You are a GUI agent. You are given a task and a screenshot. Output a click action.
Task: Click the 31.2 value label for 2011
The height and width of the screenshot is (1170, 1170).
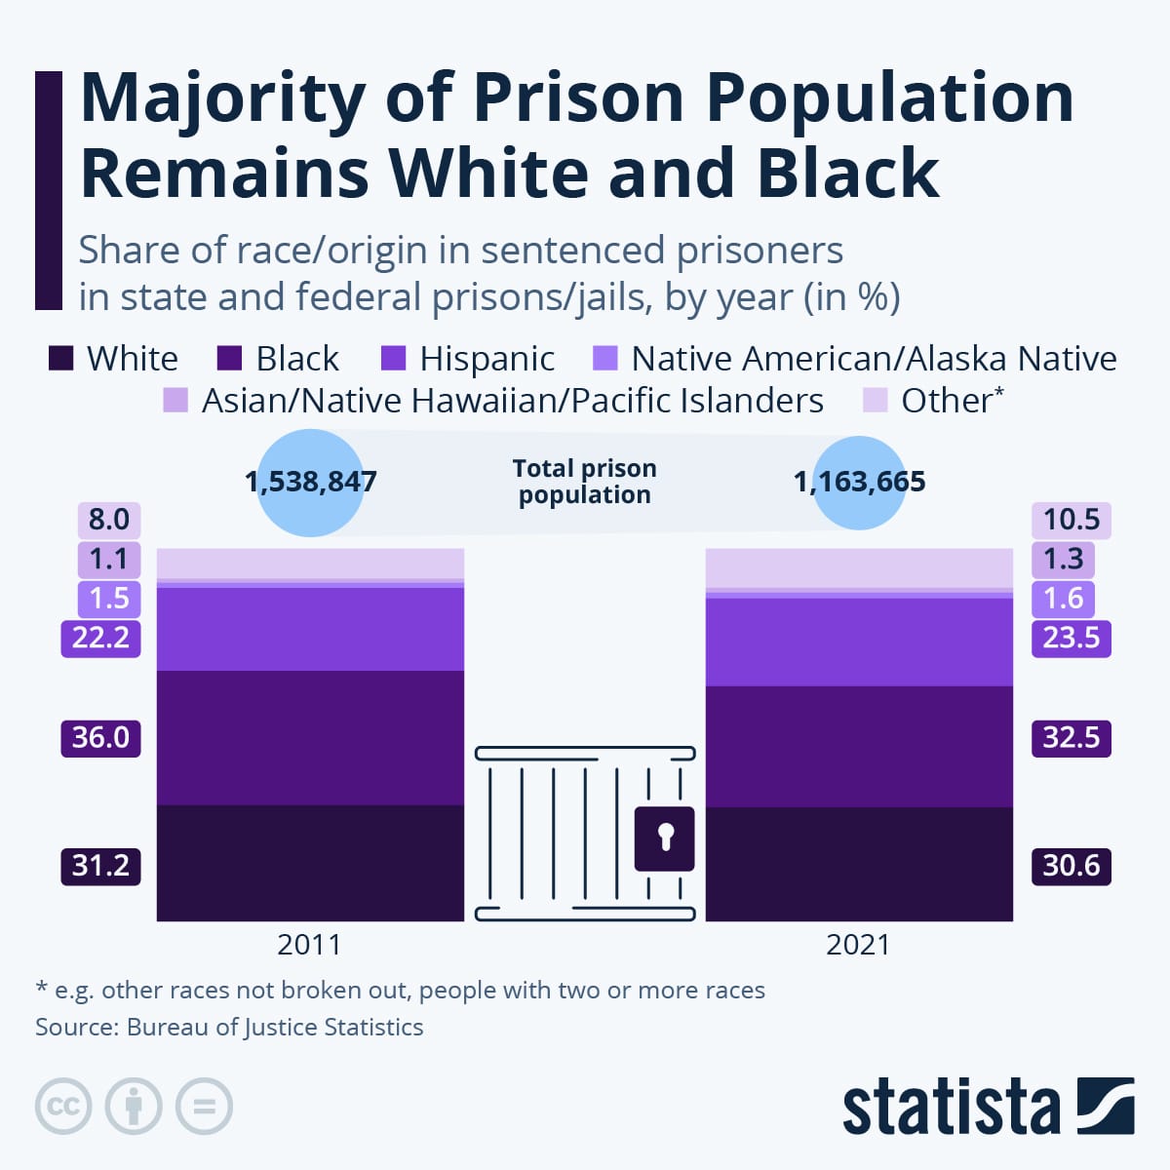click(100, 866)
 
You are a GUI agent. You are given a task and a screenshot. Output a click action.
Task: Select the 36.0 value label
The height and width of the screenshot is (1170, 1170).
click(100, 737)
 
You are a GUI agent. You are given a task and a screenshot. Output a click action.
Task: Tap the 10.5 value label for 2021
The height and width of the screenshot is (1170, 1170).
click(1071, 520)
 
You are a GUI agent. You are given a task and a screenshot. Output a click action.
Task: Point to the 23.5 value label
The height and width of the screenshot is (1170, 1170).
click(1071, 638)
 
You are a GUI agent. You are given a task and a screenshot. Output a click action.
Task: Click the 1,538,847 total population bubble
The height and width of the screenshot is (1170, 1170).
click(310, 482)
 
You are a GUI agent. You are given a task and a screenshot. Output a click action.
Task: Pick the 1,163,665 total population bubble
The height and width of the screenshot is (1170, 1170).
click(859, 482)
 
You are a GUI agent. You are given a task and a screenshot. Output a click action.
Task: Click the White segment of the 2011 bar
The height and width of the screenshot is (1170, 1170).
click(310, 862)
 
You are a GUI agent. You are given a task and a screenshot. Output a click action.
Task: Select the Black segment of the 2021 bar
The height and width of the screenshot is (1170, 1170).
click(859, 746)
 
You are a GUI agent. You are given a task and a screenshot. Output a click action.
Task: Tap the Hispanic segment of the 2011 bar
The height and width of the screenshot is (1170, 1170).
click(310, 629)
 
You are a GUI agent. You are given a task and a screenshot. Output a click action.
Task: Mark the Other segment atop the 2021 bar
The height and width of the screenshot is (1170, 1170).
click(859, 568)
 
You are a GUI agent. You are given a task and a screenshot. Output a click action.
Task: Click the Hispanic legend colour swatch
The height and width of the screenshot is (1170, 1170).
click(393, 358)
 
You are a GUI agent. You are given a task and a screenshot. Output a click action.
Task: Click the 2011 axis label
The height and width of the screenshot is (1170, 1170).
click(309, 945)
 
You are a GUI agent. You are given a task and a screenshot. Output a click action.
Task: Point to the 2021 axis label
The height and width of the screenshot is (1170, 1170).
click(858, 945)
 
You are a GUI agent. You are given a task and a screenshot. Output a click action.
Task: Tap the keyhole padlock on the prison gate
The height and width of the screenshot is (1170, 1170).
click(665, 838)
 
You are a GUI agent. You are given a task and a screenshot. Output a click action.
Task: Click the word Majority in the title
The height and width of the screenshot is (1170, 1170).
click(222, 97)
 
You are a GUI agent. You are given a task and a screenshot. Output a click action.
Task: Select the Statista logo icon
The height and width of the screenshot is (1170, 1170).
click(1106, 1106)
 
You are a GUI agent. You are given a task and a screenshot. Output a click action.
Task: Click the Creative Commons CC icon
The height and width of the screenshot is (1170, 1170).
click(63, 1106)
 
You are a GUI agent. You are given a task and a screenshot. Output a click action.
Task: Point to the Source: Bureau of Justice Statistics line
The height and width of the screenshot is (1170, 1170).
click(229, 1027)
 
